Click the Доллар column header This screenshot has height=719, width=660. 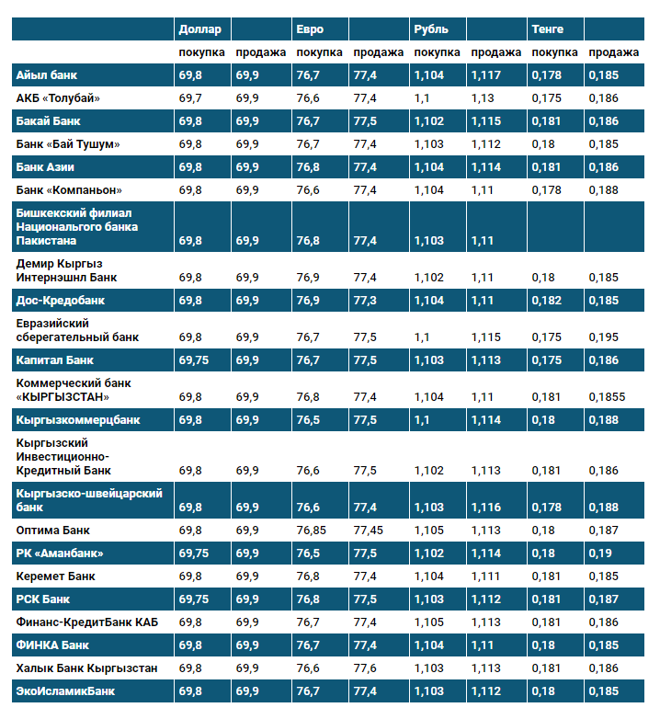coord(199,29)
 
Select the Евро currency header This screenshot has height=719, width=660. coord(310,29)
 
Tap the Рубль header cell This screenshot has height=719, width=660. coord(431,29)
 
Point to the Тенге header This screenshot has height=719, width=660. coord(547,29)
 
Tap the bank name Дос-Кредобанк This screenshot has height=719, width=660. coord(61,300)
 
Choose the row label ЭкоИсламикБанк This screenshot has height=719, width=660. coord(65,690)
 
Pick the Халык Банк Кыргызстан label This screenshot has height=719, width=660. coord(86,668)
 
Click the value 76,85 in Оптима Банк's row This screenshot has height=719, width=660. coord(312,531)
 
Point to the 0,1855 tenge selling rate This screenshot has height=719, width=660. coord(607,396)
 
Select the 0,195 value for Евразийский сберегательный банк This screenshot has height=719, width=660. coord(603,337)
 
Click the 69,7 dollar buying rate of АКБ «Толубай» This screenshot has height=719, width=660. coord(190,97)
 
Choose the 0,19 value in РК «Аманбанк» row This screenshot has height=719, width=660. coord(599,554)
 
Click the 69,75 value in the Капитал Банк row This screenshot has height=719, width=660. coord(194,360)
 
